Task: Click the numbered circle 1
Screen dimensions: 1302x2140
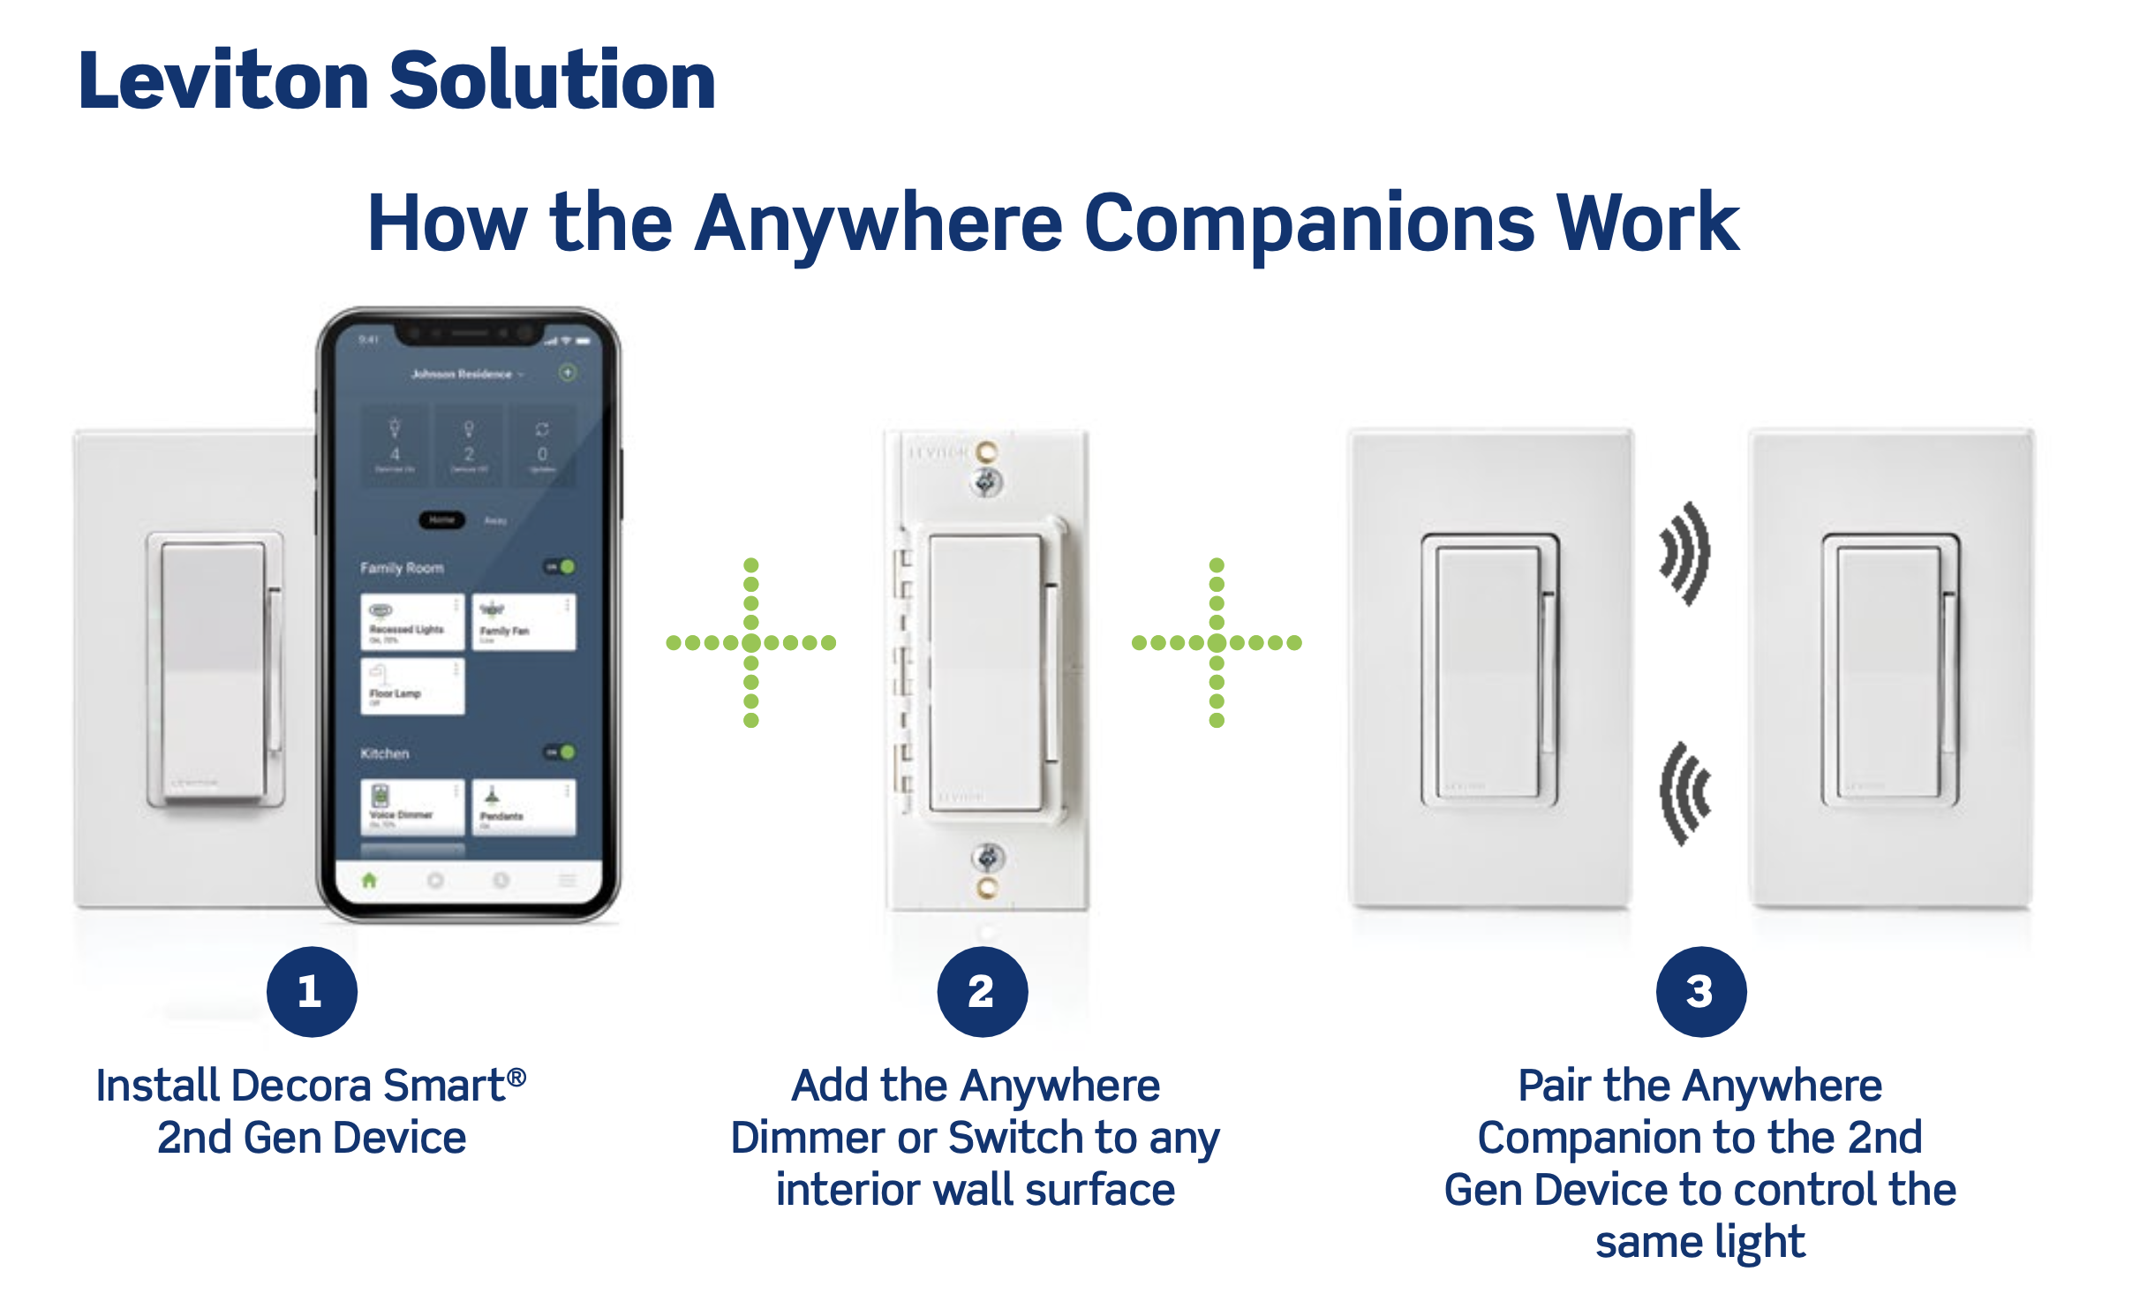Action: [312, 991]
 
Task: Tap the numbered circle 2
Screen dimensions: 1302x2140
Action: [982, 991]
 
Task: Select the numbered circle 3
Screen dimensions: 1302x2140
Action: [1700, 991]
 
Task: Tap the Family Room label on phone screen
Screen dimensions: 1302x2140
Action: [402, 568]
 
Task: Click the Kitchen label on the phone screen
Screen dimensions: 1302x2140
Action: [384, 753]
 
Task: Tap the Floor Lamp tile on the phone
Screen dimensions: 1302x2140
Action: [411, 685]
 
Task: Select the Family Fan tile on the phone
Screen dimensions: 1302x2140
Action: [524, 622]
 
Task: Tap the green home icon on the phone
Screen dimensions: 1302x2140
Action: [369, 880]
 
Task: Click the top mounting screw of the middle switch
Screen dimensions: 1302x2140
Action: [987, 481]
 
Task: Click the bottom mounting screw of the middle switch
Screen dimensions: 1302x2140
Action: [987, 858]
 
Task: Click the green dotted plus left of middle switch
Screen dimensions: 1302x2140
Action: [750, 642]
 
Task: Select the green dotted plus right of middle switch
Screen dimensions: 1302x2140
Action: [1216, 642]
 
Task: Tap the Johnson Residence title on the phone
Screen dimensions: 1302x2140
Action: [462, 374]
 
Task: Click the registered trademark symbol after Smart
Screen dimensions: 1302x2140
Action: [517, 1077]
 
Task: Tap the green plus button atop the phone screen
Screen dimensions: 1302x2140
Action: [568, 373]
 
